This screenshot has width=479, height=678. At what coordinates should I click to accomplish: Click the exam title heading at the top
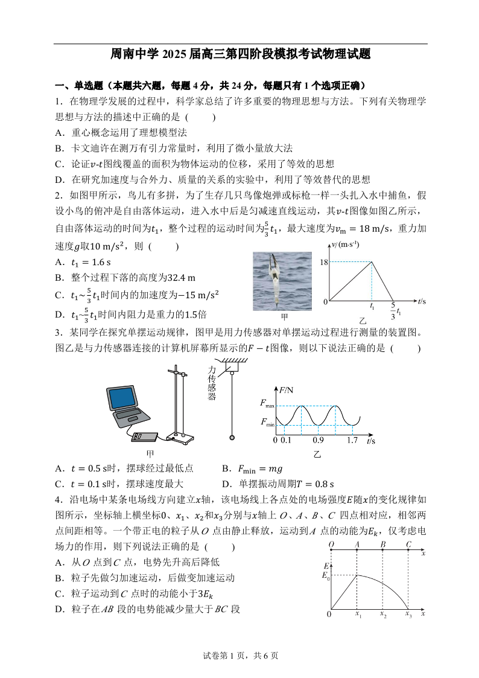[x=239, y=54]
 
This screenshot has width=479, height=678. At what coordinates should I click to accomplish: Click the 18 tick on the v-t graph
[x=323, y=261]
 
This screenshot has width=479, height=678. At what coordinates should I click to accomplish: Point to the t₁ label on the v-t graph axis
[x=372, y=308]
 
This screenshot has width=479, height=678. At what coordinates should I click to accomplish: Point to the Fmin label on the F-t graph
[x=267, y=425]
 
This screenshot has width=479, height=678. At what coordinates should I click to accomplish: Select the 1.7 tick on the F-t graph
[x=352, y=441]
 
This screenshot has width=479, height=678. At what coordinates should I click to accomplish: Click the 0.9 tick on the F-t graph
[x=318, y=441]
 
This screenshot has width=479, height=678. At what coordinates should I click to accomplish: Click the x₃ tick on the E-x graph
[x=408, y=615]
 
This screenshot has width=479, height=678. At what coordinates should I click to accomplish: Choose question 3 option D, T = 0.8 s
[x=278, y=484]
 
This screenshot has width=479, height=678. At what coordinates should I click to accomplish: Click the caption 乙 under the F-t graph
[x=317, y=454]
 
